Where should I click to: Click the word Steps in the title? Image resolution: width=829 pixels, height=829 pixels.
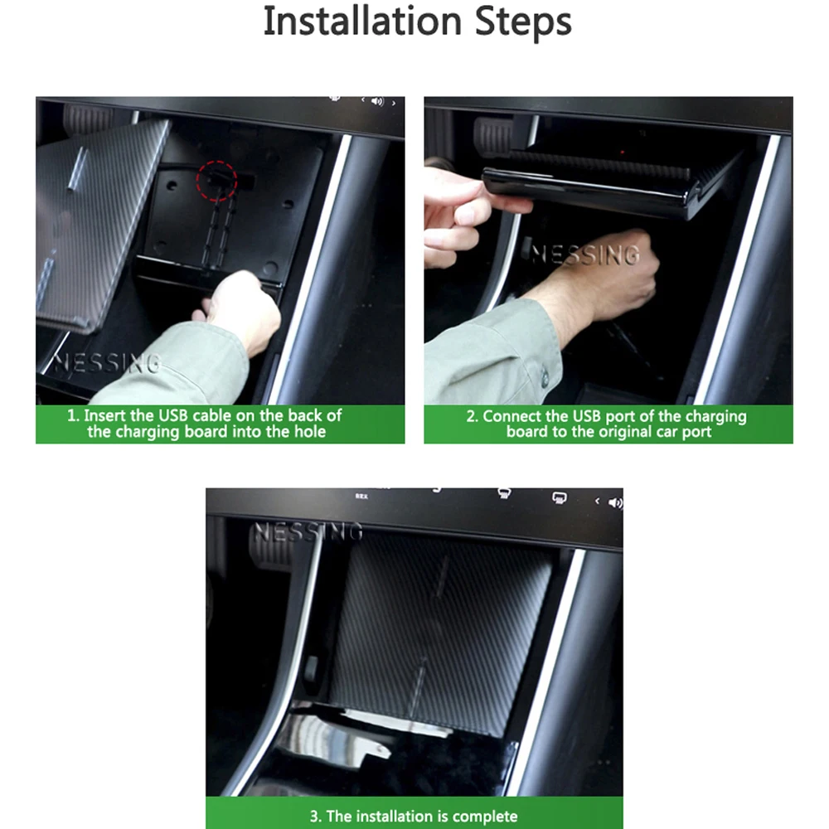point(523,22)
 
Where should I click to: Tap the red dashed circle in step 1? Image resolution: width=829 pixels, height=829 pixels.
point(216,181)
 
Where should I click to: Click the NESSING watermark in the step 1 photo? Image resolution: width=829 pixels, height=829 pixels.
point(107,363)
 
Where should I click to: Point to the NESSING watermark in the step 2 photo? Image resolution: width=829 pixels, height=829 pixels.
point(585,255)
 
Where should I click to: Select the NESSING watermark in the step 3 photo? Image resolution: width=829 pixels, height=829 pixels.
point(308,532)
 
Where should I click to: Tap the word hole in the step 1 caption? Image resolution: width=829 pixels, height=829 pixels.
point(309,431)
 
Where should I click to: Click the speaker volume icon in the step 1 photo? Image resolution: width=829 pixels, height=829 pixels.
point(377,101)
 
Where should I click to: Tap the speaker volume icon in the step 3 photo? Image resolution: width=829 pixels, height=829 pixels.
point(615,503)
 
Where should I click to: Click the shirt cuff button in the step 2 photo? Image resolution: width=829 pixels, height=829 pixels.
point(545,376)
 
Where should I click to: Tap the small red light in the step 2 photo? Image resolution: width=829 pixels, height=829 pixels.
point(623,153)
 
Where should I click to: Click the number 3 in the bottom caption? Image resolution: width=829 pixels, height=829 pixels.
point(313,817)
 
